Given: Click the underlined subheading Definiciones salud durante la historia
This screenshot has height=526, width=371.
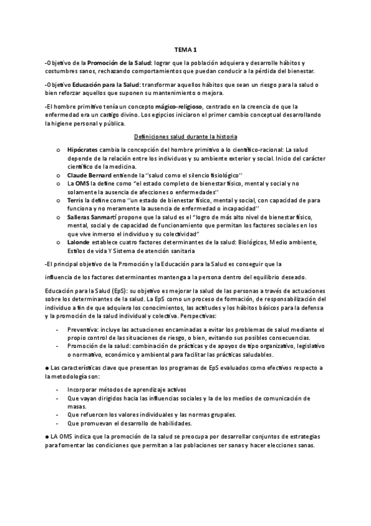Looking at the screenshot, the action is pos(185,136).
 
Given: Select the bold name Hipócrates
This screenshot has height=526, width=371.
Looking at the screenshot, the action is pos(82,150).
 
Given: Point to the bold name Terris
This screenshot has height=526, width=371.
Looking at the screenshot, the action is pos(75,201).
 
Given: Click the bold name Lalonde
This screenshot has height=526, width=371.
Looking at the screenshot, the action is pos(79,243).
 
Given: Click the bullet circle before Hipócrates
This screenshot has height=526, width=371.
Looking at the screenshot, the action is pos(58,151).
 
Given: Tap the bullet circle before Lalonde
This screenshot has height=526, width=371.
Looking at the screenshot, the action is pos(58,243).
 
